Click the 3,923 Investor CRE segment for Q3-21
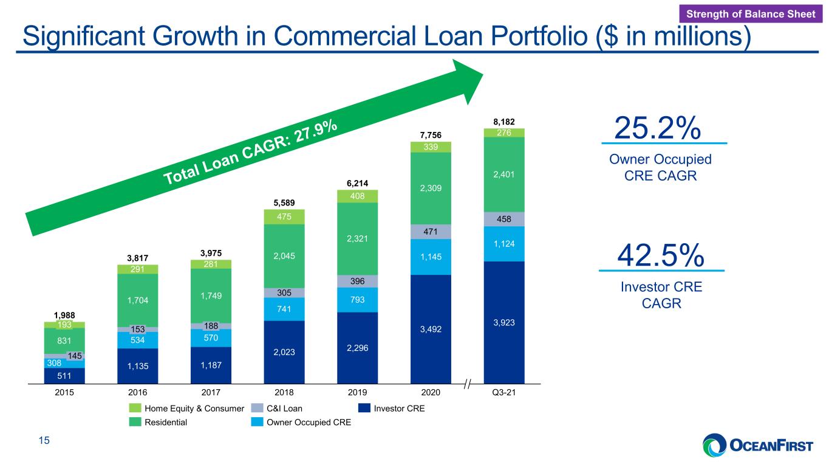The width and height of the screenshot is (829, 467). point(504,322)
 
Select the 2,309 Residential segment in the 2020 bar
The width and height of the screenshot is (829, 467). point(431,189)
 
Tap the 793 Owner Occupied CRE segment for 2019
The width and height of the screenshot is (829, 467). point(358,300)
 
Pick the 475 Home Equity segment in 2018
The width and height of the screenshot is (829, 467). point(284,217)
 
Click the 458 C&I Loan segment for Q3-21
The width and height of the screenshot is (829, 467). point(504,219)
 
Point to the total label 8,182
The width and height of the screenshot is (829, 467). point(504,122)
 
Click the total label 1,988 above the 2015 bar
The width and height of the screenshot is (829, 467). point(64,315)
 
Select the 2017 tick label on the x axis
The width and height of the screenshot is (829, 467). point(211,392)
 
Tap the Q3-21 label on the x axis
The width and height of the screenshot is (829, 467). point(504,392)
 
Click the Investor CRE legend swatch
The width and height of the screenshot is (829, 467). point(364,408)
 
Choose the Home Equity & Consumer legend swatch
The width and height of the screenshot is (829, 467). point(135,408)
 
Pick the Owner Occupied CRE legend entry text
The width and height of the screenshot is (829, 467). point(309,422)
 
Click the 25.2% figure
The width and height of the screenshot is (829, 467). point(658,128)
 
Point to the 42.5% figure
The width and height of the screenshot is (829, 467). point(661,255)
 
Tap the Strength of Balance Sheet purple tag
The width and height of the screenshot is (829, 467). point(751,14)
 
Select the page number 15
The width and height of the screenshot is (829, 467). point(44,440)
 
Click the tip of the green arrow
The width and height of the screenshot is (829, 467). point(483,74)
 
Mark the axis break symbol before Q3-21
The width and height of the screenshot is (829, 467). point(468,384)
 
